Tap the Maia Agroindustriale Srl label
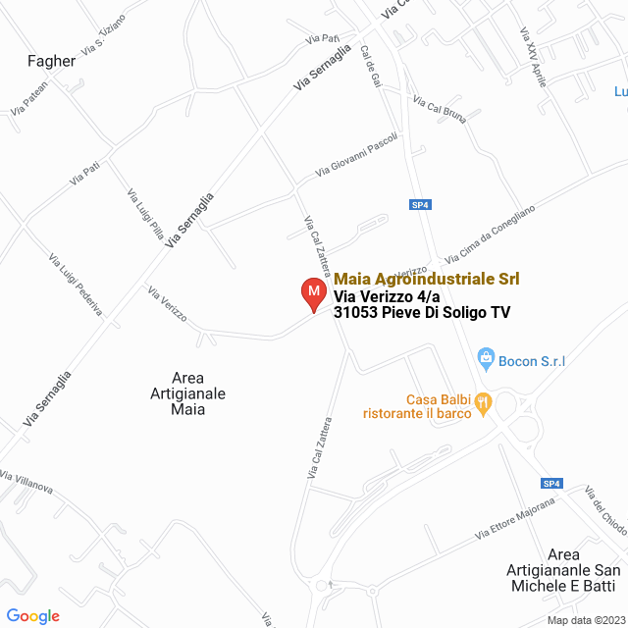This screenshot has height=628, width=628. [427, 279]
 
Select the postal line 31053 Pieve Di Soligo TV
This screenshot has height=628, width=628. [422, 313]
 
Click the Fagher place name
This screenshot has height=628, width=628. [52, 61]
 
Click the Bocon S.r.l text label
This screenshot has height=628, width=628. [532, 361]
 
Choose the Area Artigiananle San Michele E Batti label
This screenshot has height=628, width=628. [563, 570]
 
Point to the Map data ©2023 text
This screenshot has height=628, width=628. [586, 619]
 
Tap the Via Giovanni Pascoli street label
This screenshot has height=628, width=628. [356, 155]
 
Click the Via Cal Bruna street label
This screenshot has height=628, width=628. [439, 110]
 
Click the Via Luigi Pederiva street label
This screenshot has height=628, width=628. [76, 285]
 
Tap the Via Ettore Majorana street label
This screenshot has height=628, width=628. [515, 518]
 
